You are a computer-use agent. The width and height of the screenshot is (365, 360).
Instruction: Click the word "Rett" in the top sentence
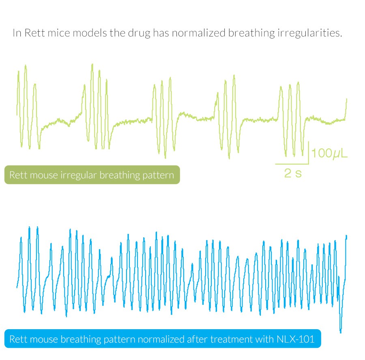pyautogui.click(x=34, y=33)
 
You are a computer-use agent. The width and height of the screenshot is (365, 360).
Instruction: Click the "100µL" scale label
pyautogui.click(x=330, y=154)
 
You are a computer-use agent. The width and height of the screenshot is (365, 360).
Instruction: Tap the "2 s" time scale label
pyautogui.click(x=293, y=174)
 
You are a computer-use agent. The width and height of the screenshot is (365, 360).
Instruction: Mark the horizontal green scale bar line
pyautogui.click(x=292, y=164)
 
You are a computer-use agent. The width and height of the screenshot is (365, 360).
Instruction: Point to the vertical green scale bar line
pyautogui.click(x=309, y=153)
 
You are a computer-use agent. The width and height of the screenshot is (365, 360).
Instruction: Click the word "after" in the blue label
pyautogui.click(x=197, y=339)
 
